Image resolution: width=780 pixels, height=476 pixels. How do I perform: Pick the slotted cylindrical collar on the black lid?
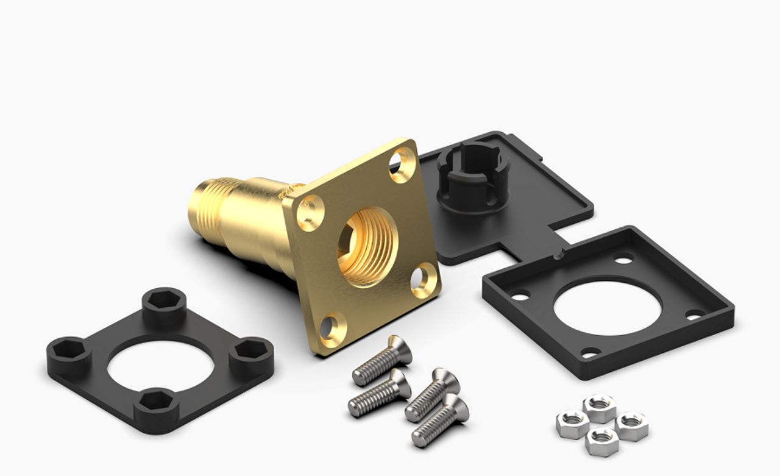(470, 177)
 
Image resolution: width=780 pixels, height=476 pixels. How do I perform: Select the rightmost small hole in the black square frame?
(693, 315)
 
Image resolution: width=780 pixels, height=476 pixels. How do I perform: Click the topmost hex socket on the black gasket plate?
(165, 301)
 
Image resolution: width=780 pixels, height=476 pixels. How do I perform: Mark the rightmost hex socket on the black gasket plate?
(251, 352)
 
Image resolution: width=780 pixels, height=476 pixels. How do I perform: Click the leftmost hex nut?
(572, 423)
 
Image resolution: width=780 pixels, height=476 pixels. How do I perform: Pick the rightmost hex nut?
(632, 425)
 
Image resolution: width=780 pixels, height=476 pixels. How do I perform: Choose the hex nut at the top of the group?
(599, 407)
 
